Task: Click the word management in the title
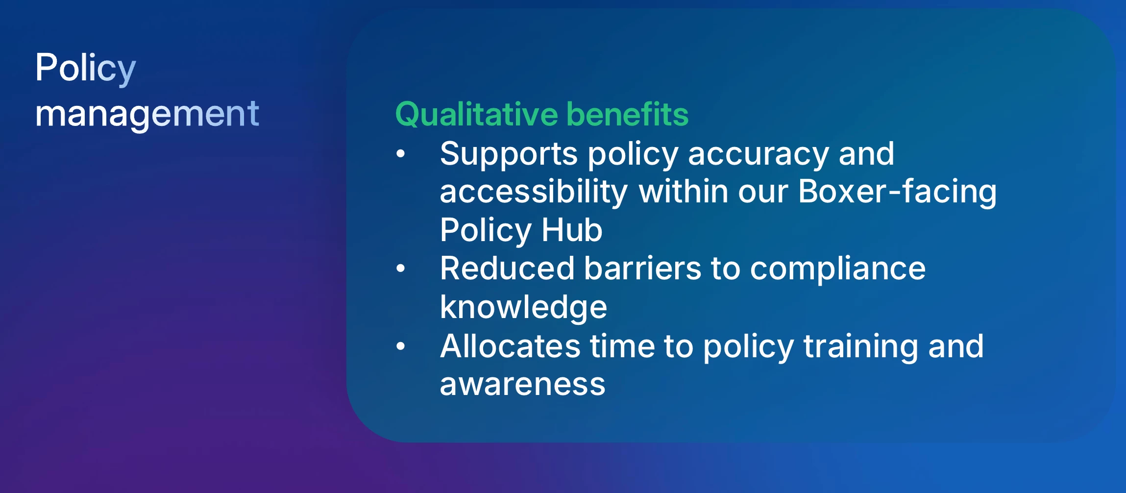[x=147, y=115]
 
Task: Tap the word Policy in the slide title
[x=85, y=69]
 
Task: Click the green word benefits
[x=628, y=114]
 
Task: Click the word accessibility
[x=534, y=192]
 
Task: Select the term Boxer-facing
[x=898, y=192]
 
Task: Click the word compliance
[x=838, y=270]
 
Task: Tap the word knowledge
[x=523, y=308]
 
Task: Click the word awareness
[x=523, y=385]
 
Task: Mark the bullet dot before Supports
[x=401, y=154]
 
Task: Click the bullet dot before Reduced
[x=401, y=268]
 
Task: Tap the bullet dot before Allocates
[x=401, y=346]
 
